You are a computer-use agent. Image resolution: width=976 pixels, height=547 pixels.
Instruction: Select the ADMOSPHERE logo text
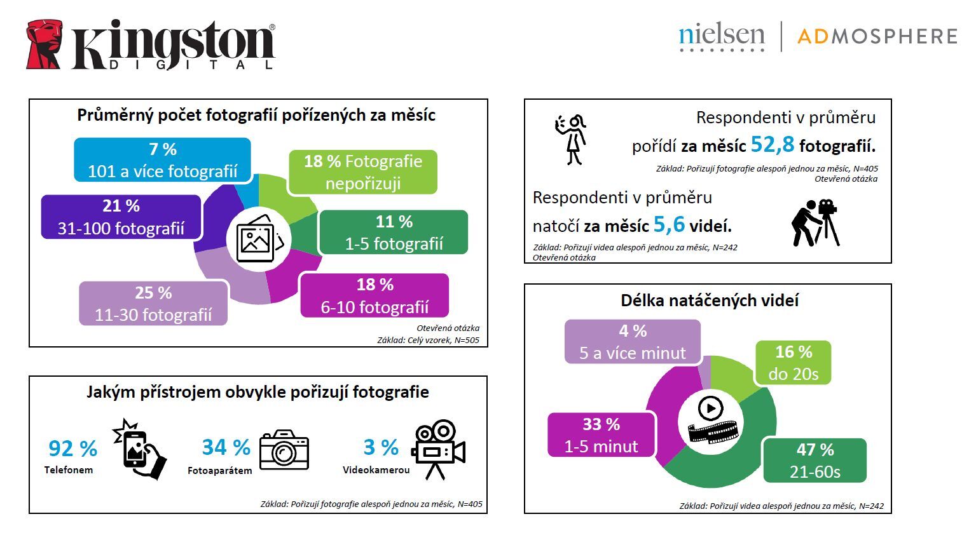(877, 36)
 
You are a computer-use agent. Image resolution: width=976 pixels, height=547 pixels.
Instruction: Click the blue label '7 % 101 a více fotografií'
(162, 160)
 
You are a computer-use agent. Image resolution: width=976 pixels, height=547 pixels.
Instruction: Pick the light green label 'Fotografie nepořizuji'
(362, 172)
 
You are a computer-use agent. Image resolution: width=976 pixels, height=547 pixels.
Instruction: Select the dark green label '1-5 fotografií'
(394, 233)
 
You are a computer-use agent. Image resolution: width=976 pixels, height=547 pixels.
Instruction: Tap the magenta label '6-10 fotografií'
(375, 295)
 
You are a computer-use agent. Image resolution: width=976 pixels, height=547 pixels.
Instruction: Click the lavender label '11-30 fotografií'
(153, 304)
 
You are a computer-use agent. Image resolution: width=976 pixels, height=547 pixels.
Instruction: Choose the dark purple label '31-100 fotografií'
(121, 217)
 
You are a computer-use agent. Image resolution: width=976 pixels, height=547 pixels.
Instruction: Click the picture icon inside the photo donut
(256, 240)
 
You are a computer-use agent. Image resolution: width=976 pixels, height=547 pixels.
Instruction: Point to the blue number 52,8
(772, 144)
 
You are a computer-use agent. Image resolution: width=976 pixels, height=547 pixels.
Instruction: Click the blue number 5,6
(669, 224)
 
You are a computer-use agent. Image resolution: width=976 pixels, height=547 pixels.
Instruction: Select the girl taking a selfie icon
(571, 140)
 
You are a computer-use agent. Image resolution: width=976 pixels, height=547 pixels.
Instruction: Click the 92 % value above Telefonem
(72, 449)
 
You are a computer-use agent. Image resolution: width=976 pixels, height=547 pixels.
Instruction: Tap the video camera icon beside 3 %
(438, 449)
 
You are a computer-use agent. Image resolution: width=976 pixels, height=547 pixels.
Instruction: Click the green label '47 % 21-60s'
(814, 460)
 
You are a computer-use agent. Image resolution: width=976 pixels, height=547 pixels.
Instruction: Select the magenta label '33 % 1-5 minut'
(601, 435)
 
